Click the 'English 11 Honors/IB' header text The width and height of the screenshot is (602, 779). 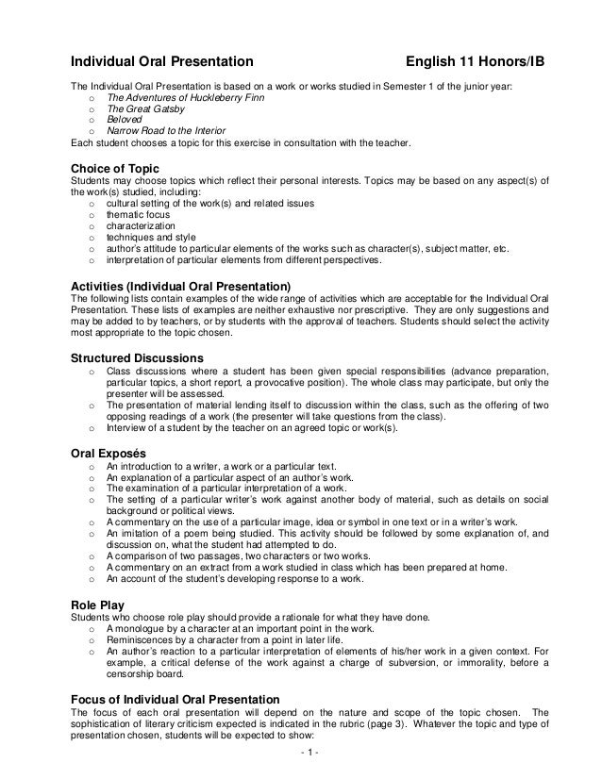475,62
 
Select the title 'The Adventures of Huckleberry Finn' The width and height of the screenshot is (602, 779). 185,98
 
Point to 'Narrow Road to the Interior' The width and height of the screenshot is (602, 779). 166,132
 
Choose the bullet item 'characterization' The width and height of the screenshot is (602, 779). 141,226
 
